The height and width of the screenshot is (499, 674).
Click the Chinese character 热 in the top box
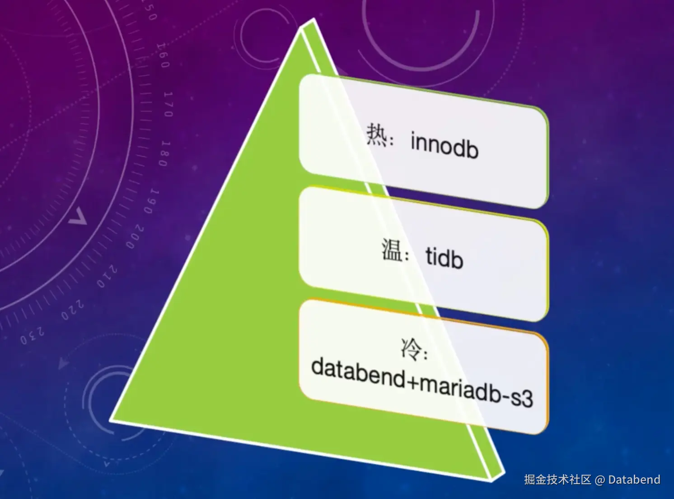(376, 134)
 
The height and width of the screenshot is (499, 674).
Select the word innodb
(444, 145)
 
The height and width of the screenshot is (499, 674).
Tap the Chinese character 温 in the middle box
(392, 249)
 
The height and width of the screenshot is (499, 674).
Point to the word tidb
(445, 258)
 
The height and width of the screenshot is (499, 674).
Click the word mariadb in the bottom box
(461, 388)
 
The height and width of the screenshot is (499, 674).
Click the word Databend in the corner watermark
(634, 480)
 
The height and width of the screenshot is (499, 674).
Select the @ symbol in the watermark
(600, 480)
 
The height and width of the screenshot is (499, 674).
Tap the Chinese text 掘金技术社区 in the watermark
(557, 480)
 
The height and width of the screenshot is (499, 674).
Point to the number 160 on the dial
(163, 55)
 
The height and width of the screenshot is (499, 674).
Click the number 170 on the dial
(168, 104)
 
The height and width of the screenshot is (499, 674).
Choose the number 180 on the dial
(165, 153)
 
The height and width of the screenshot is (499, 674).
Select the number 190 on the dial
(152, 201)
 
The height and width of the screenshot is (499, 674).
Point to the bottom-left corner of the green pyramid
(111, 420)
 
